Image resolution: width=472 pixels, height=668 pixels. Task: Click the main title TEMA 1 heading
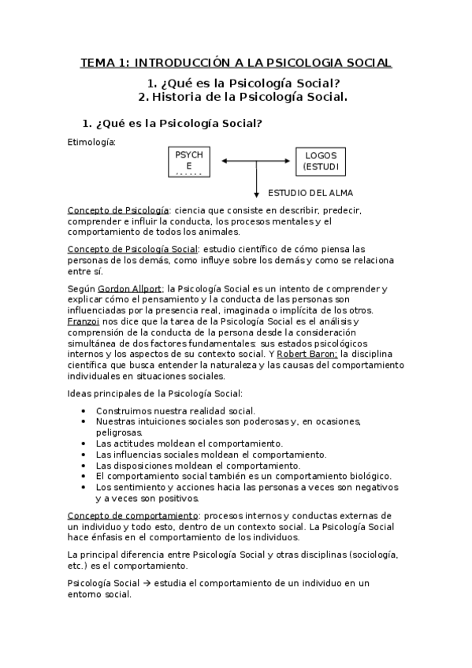236,62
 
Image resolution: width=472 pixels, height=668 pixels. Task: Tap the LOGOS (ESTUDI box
320,161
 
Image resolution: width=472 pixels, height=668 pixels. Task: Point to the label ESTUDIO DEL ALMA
310,193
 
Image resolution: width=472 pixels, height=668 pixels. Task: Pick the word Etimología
91,143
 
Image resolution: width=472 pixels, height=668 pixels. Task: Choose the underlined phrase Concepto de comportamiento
132,515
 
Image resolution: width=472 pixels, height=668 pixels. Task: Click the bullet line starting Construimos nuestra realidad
175,410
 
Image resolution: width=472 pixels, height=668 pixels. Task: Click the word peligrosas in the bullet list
119,432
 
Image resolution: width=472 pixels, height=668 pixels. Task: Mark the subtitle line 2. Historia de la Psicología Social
242,97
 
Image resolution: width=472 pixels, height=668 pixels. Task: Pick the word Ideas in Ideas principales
80,393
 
